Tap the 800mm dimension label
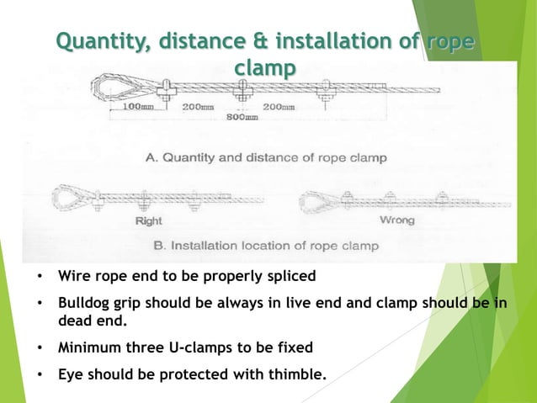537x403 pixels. click(242, 117)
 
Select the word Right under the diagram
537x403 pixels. click(148, 221)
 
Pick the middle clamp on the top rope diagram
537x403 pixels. click(242, 90)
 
